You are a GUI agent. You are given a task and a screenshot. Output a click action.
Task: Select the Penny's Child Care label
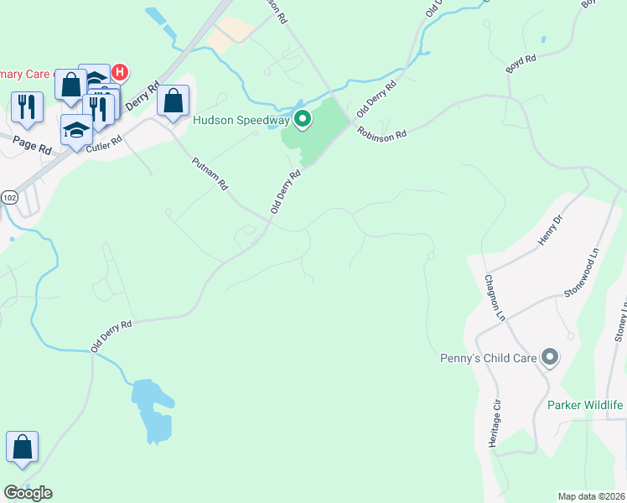coord(488,358)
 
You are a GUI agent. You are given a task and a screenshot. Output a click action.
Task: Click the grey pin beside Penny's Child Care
coord(550,358)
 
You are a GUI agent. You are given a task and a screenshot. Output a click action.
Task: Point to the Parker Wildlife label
coord(585,405)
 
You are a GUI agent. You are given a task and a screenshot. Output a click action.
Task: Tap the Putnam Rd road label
coord(210,174)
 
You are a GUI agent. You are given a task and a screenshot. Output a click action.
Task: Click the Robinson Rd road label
coord(381,132)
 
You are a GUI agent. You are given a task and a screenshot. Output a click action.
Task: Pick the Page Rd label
coord(33,143)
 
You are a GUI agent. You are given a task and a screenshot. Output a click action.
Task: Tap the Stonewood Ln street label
coord(583,271)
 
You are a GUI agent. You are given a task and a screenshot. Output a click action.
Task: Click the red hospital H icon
coord(119,72)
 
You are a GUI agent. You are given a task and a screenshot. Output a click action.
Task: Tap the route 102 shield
coord(9,197)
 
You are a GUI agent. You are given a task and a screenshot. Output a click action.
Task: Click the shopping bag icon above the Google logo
coord(22,448)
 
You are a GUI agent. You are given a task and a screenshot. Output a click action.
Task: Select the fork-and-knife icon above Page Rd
coord(27,106)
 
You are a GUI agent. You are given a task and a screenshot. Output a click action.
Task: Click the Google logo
coord(28,493)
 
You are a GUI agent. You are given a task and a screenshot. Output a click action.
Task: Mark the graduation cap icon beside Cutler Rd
coord(76,130)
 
